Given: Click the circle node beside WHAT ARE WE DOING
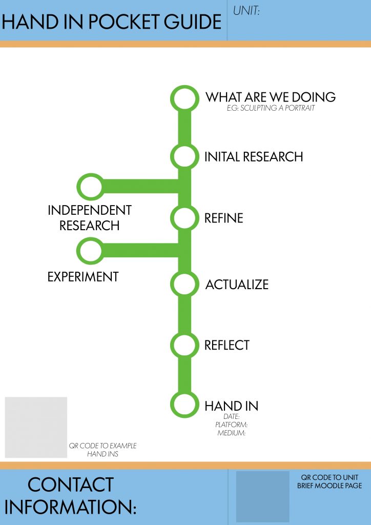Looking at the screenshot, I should pyautogui.click(x=184, y=98).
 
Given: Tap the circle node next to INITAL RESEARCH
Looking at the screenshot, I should pyautogui.click(x=184, y=156).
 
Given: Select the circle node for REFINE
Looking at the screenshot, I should pyautogui.click(x=184, y=218).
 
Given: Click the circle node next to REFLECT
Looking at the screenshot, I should pyautogui.click(x=184, y=345).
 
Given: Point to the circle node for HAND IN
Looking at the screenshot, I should pyautogui.click(x=184, y=405).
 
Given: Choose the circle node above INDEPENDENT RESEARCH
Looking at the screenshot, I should pyautogui.click(x=90, y=187).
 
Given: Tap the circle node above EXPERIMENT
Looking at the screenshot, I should pyautogui.click(x=90, y=251).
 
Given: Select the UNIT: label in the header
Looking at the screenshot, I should pyautogui.click(x=246, y=10).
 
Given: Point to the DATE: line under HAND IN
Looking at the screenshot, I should pyautogui.click(x=232, y=417).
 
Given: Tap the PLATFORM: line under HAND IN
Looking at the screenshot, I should pyautogui.click(x=232, y=425).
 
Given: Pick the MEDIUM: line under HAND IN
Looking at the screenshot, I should pyautogui.click(x=232, y=433).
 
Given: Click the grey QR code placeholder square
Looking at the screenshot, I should pyautogui.click(x=36, y=427).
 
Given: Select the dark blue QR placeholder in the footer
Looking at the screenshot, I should pyautogui.click(x=263, y=496).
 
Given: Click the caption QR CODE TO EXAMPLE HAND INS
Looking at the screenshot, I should pyautogui.click(x=102, y=450).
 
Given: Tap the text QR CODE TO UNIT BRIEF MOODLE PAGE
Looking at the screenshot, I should pyautogui.click(x=329, y=481).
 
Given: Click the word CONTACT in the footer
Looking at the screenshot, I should pyautogui.click(x=70, y=485).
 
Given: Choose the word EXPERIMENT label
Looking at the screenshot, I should pyautogui.click(x=83, y=277).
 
